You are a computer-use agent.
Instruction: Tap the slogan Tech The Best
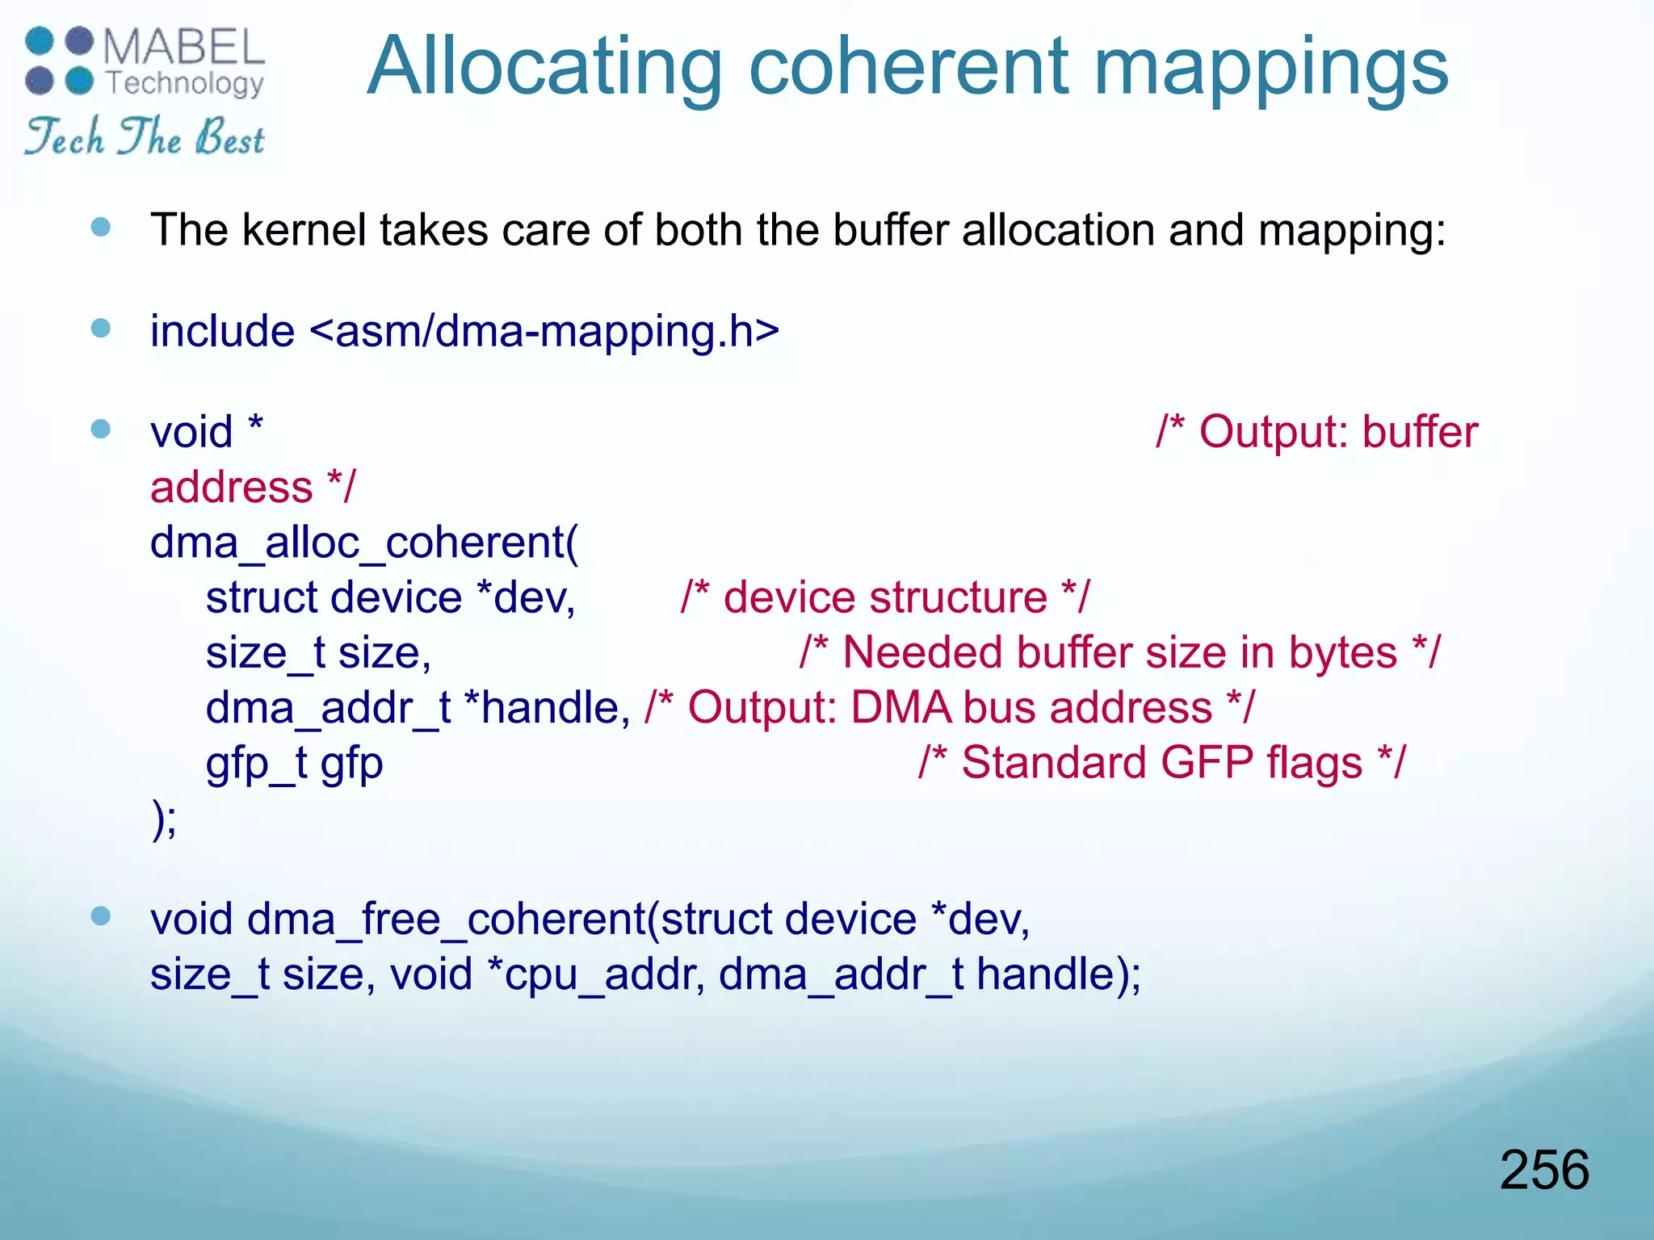(144, 136)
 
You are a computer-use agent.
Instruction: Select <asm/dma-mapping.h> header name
(544, 331)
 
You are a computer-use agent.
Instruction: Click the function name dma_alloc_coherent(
(364, 542)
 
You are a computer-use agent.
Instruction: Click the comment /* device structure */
(884, 598)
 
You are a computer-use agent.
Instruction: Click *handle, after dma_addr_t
(548, 708)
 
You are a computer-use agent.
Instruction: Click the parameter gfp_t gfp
(294, 764)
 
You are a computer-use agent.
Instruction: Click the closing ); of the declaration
(164, 819)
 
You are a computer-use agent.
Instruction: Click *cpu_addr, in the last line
(594, 974)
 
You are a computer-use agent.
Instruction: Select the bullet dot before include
(101, 329)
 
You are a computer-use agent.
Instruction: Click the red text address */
(252, 488)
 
